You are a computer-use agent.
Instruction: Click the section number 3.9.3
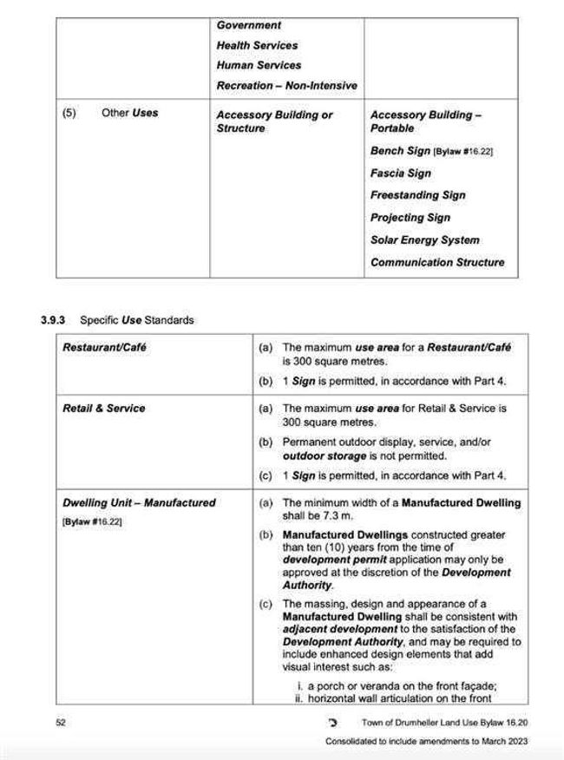[x=56, y=320]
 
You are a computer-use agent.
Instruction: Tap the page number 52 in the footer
[x=61, y=722]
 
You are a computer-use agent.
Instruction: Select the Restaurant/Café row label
[x=104, y=348]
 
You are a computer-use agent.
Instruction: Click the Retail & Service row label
[x=104, y=409]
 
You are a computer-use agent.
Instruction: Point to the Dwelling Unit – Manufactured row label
[x=139, y=502]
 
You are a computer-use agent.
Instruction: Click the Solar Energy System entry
[x=424, y=240]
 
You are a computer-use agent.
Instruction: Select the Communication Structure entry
[x=436, y=262]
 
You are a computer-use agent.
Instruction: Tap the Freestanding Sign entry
[x=417, y=195]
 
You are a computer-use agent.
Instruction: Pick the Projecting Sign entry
[x=410, y=218]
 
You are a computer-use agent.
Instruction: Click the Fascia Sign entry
[x=400, y=173]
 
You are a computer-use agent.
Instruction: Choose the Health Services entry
[x=257, y=45]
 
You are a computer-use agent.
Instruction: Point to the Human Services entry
[x=259, y=65]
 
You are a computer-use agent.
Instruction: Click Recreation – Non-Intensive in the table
[x=286, y=86]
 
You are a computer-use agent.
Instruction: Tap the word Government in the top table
[x=248, y=25]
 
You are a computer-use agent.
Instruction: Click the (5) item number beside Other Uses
[x=69, y=113]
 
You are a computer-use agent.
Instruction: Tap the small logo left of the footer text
[x=332, y=722]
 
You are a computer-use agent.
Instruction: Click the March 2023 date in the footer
[x=505, y=742]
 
